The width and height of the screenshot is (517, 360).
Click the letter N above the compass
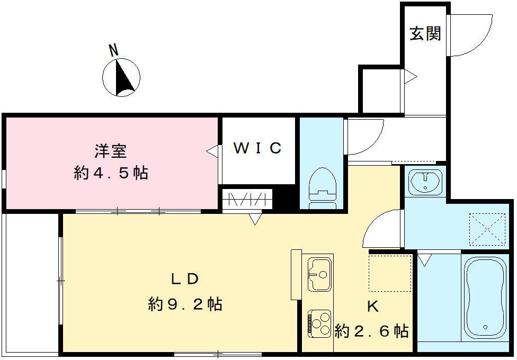coord(113,50)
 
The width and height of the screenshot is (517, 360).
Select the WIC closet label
coord(258,149)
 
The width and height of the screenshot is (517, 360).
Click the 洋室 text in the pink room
coord(111,151)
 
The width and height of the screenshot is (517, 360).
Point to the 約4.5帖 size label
coord(111,173)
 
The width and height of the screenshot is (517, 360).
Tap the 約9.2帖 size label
coord(185,304)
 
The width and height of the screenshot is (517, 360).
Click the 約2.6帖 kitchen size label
coord(372,332)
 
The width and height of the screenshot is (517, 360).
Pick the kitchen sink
coord(319,273)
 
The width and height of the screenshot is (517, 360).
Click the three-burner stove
coord(319,323)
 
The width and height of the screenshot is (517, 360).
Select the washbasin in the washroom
coord(425,182)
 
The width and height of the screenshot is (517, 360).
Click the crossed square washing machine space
coord(486,228)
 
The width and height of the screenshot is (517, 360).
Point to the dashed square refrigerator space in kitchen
coord(390,273)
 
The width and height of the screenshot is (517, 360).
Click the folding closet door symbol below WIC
coord(246,200)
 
